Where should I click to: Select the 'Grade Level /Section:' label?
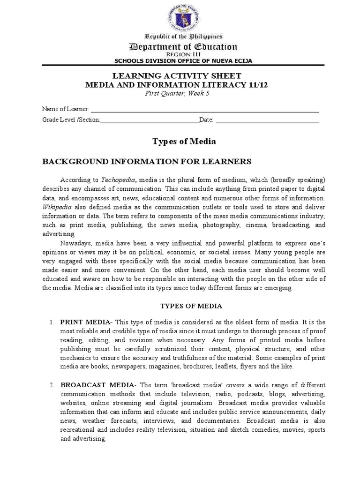tap(71, 120)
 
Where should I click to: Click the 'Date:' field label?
tap(207, 120)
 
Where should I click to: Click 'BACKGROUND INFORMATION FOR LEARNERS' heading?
tap(147, 161)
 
